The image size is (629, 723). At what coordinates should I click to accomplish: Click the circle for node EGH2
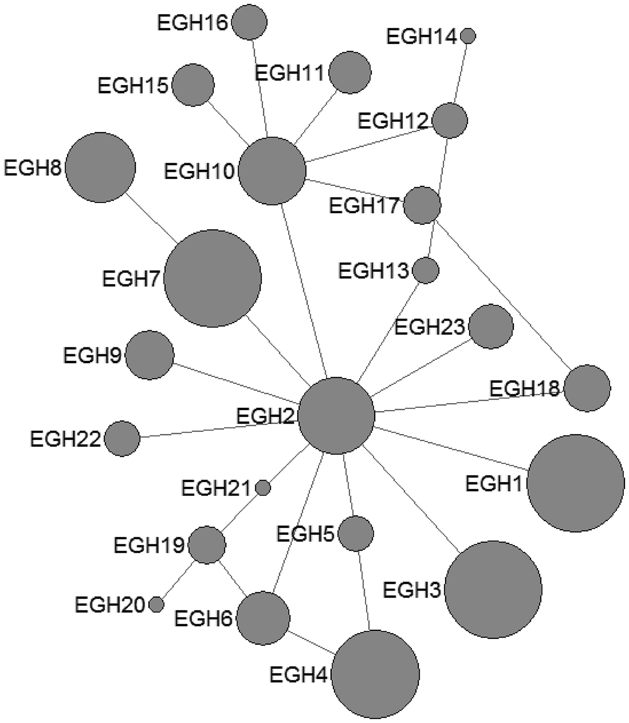pos(337,416)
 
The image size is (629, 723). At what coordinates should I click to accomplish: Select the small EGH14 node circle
pos(468,35)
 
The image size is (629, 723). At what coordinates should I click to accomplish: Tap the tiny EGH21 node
pos(263,487)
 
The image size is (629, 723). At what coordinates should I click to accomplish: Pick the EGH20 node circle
pos(156,605)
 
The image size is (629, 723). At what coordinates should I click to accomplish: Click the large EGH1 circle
pos(576,483)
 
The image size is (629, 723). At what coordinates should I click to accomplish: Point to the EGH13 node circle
pos(425,270)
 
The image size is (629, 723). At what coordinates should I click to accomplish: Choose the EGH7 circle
pos(213,278)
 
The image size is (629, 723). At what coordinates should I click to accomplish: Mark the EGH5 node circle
pos(356,534)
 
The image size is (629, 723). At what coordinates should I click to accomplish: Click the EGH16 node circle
pos(250,22)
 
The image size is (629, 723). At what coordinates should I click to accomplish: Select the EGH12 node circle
pos(450,120)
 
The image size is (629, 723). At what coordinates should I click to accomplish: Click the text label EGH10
pos(199,171)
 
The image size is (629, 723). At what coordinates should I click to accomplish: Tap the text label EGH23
pos(429,327)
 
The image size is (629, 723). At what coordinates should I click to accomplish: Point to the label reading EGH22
pos(65,439)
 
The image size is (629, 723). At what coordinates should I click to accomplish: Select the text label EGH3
pos(412,590)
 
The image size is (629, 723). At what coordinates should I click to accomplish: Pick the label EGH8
pos(32,168)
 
